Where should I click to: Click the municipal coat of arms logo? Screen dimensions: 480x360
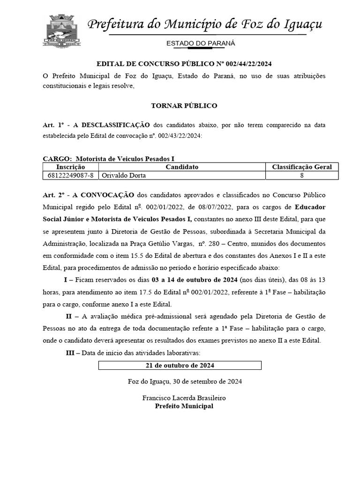(62, 31)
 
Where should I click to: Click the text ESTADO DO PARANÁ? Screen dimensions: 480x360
(201, 44)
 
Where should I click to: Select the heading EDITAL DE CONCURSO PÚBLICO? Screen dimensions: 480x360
(184, 64)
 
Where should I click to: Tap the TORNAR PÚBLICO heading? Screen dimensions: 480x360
(184, 105)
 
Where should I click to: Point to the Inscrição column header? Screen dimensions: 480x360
(70, 167)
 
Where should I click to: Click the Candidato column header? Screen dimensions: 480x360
(182, 167)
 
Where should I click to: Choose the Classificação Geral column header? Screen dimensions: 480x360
(302, 167)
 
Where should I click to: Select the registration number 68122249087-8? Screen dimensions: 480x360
(70, 175)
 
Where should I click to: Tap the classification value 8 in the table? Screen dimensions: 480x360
(302, 175)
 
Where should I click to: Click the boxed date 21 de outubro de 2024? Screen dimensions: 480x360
(180, 365)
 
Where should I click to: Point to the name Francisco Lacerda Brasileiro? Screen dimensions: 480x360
(184, 397)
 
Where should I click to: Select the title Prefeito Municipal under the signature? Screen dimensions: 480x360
(184, 406)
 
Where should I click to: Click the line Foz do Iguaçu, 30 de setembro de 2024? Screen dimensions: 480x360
(184, 381)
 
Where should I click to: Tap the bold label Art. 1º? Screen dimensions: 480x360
(53, 125)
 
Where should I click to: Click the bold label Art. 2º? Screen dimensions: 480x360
(53, 195)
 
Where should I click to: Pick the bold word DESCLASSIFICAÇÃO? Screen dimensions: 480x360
(115, 125)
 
